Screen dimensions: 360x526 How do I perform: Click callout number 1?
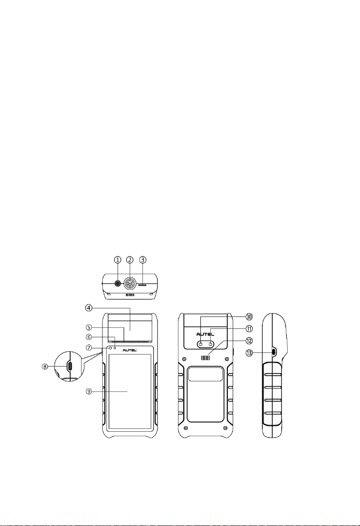(x=118, y=260)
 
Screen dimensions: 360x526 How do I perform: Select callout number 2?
(x=130, y=260)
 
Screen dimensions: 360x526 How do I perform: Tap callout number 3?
(x=143, y=260)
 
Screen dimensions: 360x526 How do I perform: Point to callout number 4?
(x=89, y=308)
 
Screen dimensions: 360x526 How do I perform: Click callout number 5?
(x=89, y=327)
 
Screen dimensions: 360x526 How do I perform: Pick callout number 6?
(x=89, y=337)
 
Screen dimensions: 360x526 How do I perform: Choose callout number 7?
(x=89, y=348)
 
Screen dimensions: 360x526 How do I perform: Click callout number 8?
(x=44, y=366)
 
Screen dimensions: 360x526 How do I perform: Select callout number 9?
(x=89, y=391)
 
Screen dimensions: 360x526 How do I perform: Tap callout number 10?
(x=249, y=316)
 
